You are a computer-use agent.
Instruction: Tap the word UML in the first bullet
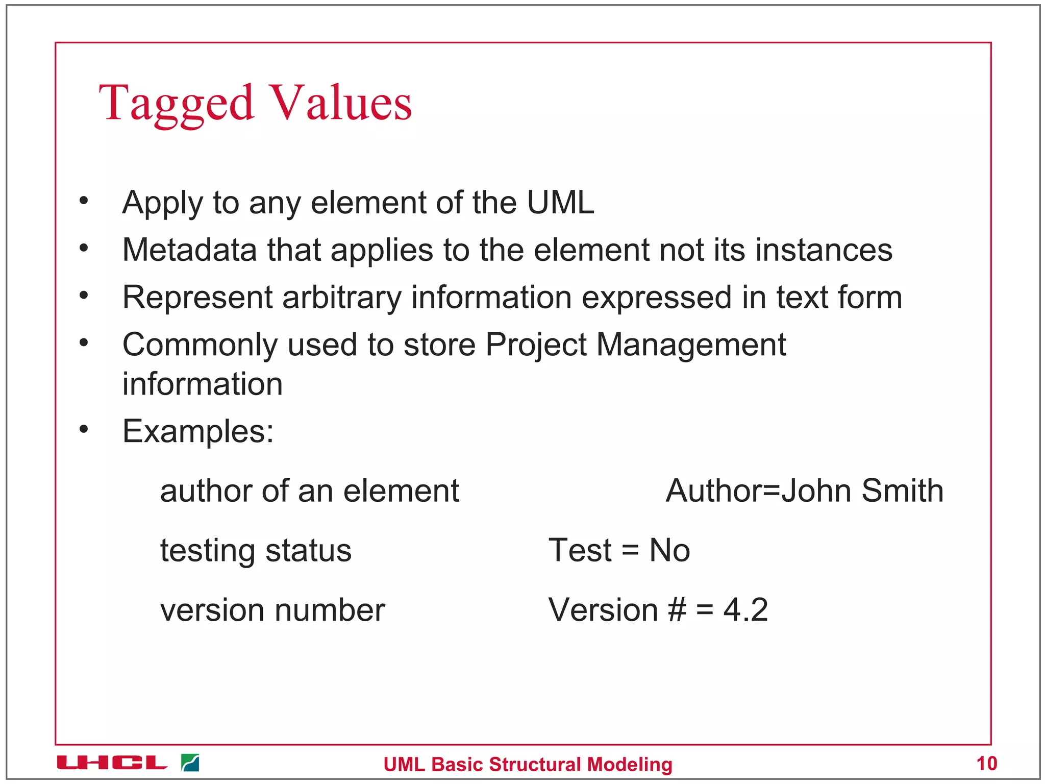click(560, 203)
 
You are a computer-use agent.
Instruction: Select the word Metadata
click(189, 250)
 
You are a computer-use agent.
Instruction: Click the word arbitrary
click(342, 298)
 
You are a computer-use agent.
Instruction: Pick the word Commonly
click(200, 346)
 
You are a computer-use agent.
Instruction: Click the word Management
click(691, 345)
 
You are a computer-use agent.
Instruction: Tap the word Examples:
click(198, 432)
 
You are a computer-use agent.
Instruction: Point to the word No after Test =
click(669, 551)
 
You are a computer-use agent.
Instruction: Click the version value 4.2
click(745, 610)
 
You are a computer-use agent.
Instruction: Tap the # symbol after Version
click(677, 610)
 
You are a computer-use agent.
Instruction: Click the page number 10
click(986, 764)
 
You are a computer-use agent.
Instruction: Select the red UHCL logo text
click(112, 763)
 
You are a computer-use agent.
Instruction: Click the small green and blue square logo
click(190, 763)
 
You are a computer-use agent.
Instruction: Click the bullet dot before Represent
click(84, 296)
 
